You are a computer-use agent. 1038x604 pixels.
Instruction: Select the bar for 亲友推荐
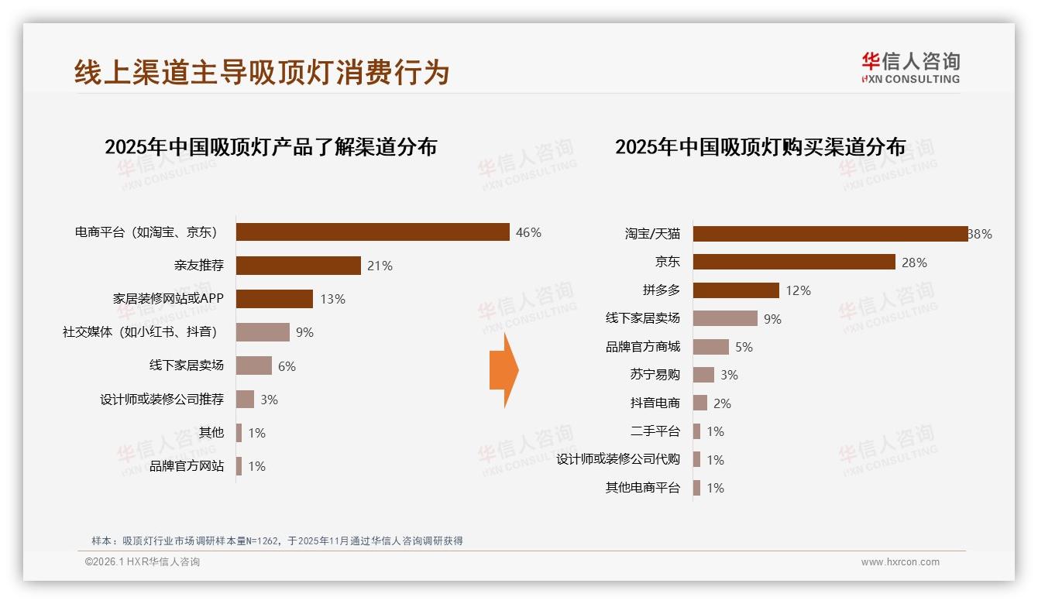[298, 266]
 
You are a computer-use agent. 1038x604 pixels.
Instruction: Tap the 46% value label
[528, 232]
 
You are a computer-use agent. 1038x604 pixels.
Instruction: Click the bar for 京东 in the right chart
[794, 262]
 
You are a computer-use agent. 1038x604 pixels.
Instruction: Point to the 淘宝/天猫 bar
[830, 234]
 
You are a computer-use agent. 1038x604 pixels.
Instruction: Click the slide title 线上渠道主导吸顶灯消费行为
[262, 72]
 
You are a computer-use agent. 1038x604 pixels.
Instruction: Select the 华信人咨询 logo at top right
[910, 67]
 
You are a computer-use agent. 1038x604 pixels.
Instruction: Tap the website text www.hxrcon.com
[900, 562]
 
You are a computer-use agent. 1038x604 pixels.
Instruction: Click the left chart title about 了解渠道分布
[270, 146]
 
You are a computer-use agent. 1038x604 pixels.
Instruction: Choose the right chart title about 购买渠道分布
[760, 146]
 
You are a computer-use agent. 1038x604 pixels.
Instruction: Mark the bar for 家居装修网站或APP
[274, 299]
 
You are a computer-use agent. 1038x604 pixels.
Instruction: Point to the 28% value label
[914, 263]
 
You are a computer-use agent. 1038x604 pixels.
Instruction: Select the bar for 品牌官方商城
[711, 347]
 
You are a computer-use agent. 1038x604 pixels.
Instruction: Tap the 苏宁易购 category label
[655, 375]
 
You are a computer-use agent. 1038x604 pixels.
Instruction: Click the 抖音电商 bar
[700, 403]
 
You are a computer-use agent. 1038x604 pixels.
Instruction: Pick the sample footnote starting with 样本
[277, 541]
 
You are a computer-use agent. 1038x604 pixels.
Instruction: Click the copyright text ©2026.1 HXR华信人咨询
[142, 562]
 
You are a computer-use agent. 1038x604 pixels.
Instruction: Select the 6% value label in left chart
[287, 366]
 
